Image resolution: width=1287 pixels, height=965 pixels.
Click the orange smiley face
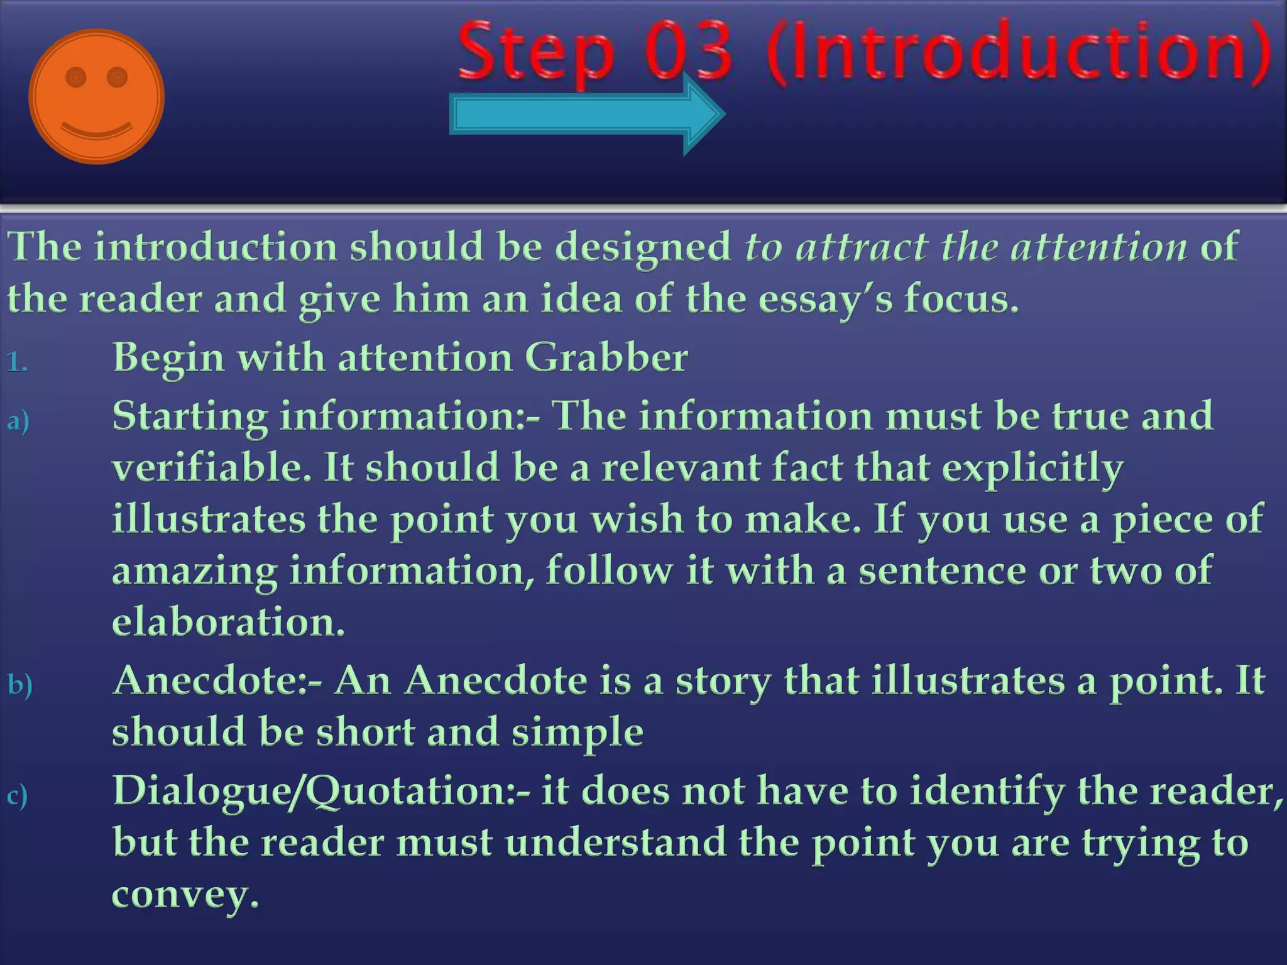[x=96, y=96]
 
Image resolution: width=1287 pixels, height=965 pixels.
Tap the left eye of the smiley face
[x=75, y=77]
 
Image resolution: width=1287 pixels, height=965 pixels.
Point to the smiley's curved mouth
[x=96, y=130]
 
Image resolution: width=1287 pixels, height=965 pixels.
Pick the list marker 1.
[x=17, y=362]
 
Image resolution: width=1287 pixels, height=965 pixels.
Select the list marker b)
[x=19, y=684]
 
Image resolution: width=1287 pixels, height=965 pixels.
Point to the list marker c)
[x=18, y=795]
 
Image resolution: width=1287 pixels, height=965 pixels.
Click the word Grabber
[x=606, y=357]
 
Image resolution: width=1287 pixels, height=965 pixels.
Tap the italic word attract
[x=862, y=246]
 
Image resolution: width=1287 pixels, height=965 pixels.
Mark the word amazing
[x=195, y=572]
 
